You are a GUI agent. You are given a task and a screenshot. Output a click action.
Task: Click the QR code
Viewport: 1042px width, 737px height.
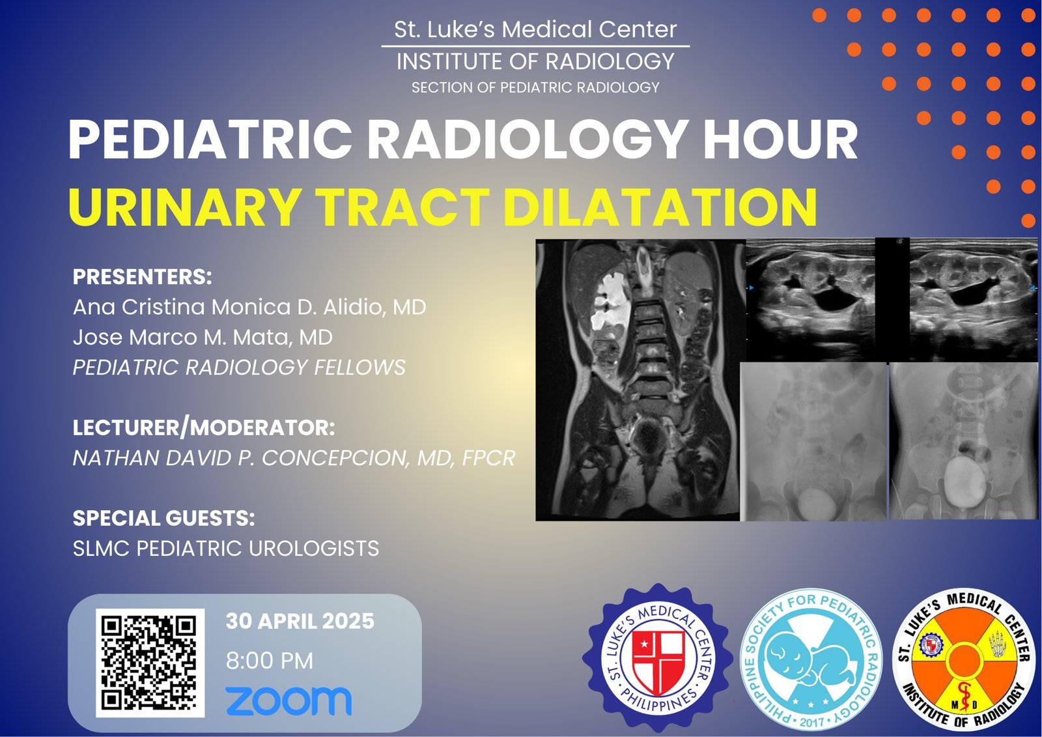[150, 663]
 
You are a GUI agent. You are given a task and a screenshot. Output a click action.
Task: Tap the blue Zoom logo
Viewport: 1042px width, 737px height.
[289, 701]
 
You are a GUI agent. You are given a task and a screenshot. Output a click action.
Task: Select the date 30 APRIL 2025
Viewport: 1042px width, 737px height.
[300, 621]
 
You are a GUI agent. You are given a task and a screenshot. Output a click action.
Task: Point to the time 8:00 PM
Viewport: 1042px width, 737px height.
[270, 661]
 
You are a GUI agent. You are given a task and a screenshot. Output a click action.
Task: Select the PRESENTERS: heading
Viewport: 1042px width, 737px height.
[143, 276]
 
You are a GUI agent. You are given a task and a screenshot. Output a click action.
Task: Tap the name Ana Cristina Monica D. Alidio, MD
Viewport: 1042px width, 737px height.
[249, 308]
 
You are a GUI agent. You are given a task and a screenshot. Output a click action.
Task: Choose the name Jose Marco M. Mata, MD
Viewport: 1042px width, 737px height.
[203, 338]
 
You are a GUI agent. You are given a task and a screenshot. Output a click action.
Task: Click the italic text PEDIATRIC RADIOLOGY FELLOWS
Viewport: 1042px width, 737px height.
[239, 368]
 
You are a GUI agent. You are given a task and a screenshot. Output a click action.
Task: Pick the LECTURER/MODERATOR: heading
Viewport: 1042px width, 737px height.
[204, 428]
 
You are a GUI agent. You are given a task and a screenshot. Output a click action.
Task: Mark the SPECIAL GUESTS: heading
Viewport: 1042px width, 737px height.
[163, 518]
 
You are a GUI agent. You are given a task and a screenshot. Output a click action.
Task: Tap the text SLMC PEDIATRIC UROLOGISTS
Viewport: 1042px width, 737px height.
[226, 549]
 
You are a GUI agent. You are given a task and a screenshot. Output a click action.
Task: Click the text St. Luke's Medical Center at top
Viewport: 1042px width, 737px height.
[535, 29]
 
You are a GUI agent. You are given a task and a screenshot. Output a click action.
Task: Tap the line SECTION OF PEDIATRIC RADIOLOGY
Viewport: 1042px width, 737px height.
[535, 87]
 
